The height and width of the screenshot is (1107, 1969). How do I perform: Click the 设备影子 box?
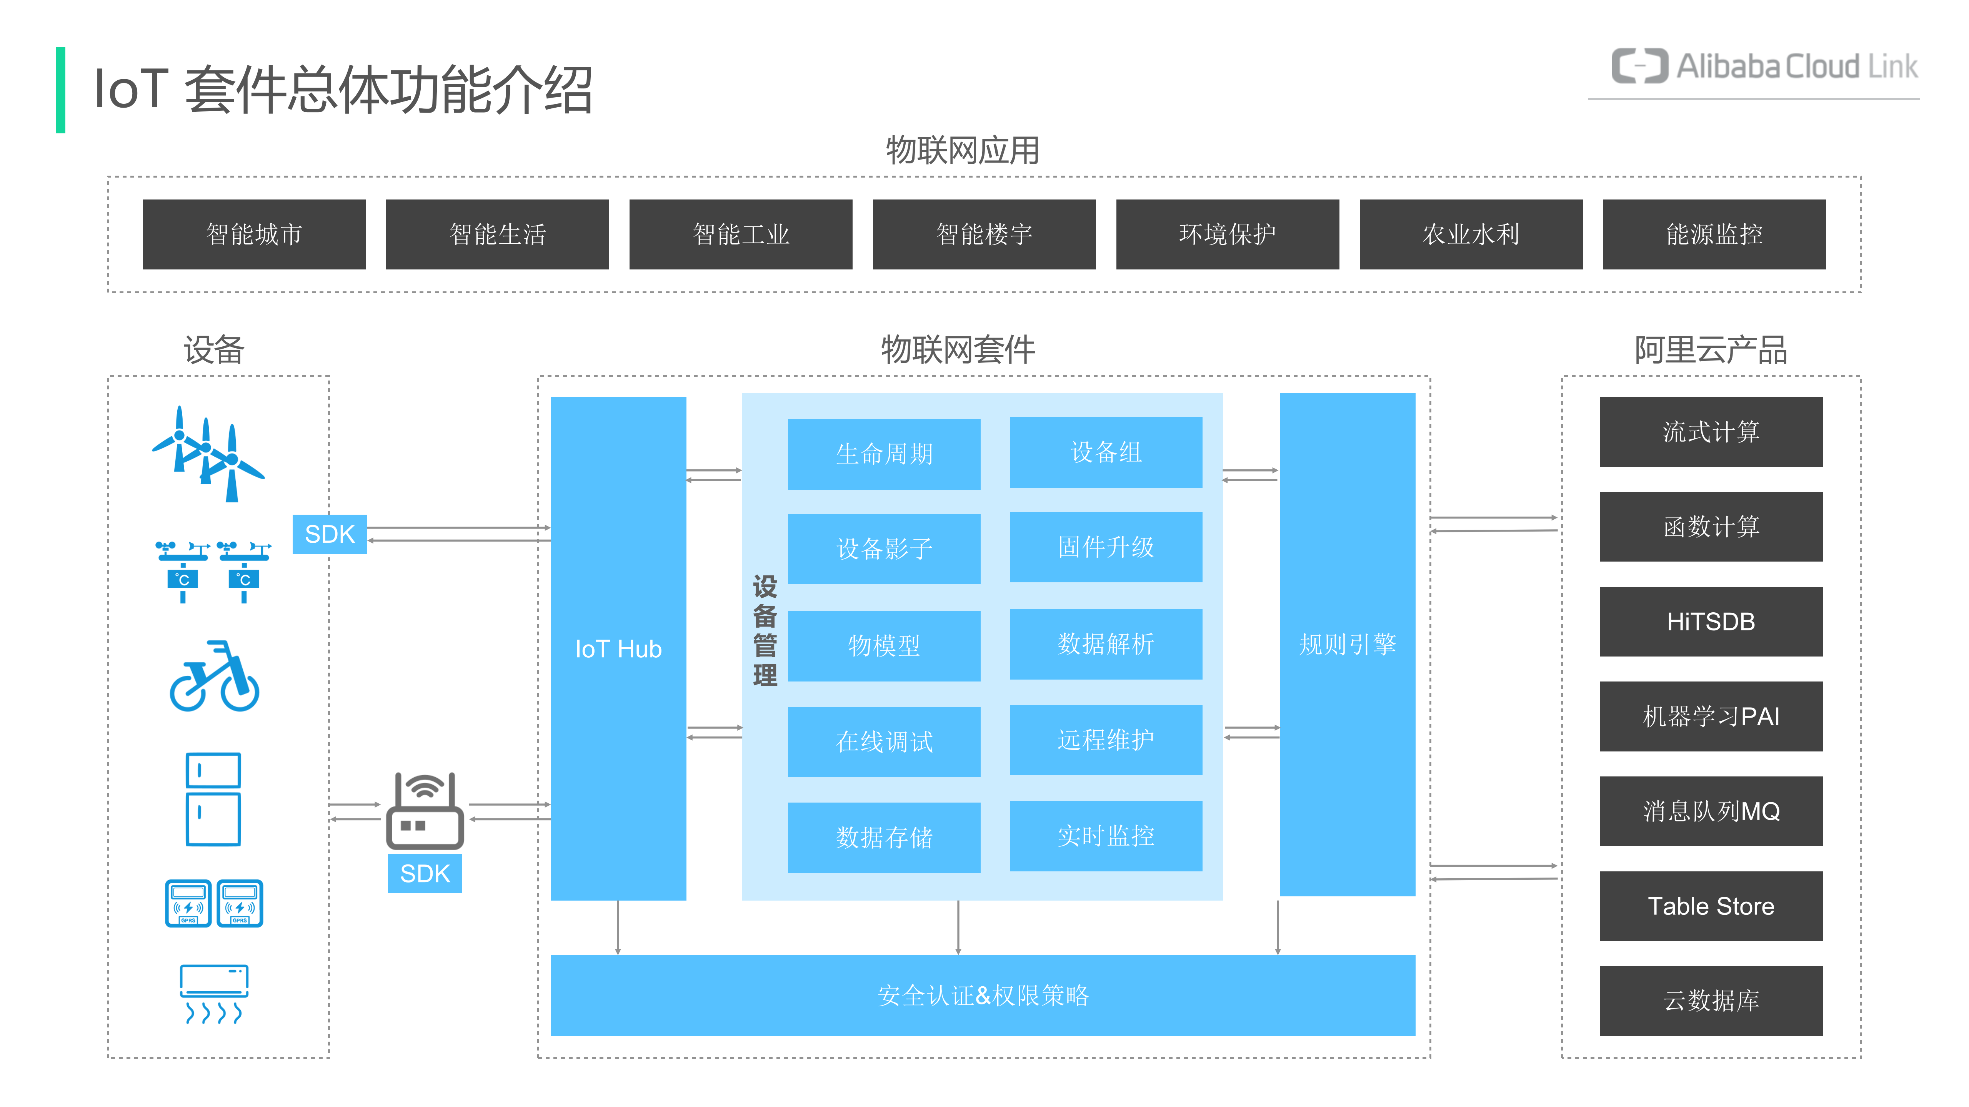click(884, 549)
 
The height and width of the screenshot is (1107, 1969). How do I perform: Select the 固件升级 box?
click(1105, 547)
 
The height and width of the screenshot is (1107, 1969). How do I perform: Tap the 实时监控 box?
click(1105, 836)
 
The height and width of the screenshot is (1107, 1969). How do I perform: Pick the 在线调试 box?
click(884, 741)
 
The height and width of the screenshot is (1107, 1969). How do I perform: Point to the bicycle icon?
click(214, 677)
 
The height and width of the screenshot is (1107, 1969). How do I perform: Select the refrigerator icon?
click(213, 799)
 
